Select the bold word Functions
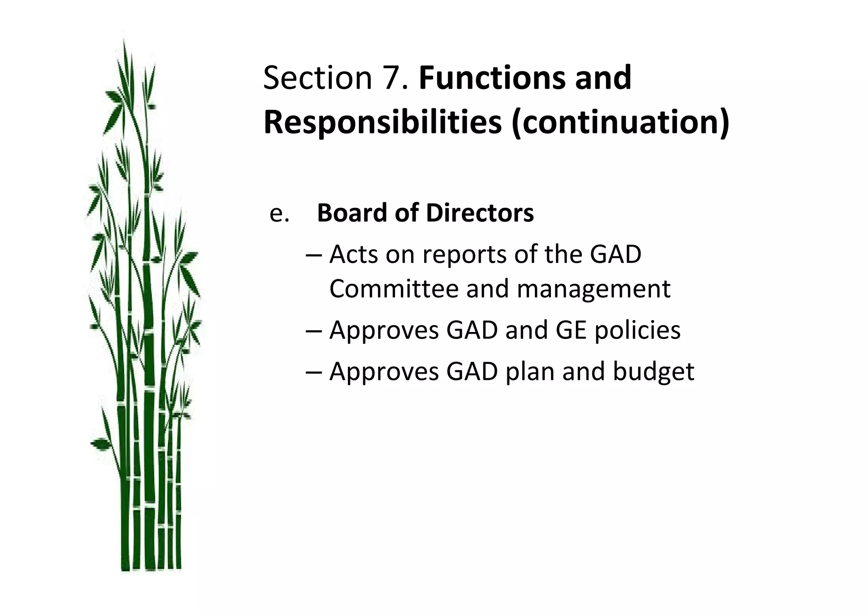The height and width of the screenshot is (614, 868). click(492, 78)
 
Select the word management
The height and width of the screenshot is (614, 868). click(593, 290)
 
